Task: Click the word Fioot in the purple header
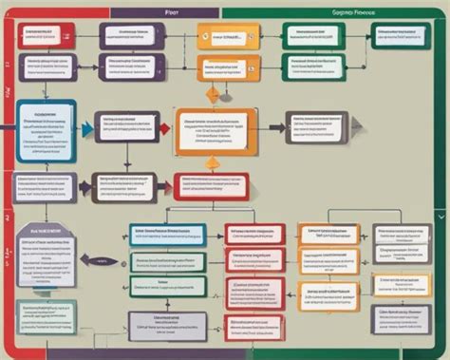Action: click(172, 13)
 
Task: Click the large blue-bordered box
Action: click(46, 130)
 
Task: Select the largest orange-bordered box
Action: click(213, 134)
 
